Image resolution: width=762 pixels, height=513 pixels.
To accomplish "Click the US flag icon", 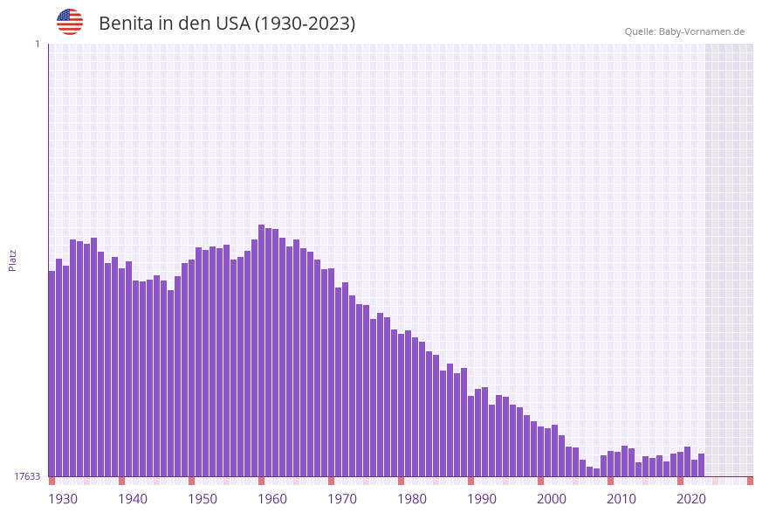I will coord(70,22).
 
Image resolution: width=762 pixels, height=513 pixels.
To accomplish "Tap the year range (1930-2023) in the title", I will coord(305,24).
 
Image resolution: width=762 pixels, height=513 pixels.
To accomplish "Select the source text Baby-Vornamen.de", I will coord(701,31).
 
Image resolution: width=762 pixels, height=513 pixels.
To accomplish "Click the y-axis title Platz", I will coord(13,260).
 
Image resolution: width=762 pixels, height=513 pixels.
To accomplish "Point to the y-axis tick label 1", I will coord(37,44).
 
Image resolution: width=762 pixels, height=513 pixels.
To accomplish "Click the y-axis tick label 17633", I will coord(27,476).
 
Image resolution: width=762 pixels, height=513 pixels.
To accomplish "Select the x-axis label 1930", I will coord(63,499).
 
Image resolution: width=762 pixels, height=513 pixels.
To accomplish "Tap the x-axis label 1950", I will coord(203,499).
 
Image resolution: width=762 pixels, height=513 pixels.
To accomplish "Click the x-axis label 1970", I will coord(342,499).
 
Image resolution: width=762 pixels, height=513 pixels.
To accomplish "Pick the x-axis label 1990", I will coord(482,499).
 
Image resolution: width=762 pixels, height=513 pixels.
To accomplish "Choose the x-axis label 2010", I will coord(621,499).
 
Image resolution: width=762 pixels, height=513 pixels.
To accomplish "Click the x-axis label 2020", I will coord(691,499).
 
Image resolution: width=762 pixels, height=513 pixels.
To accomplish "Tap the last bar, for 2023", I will coord(701,465).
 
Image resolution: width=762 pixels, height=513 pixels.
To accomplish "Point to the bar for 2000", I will coord(540,451).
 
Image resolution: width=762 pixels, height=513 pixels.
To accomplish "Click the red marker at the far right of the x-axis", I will coord(750,481).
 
